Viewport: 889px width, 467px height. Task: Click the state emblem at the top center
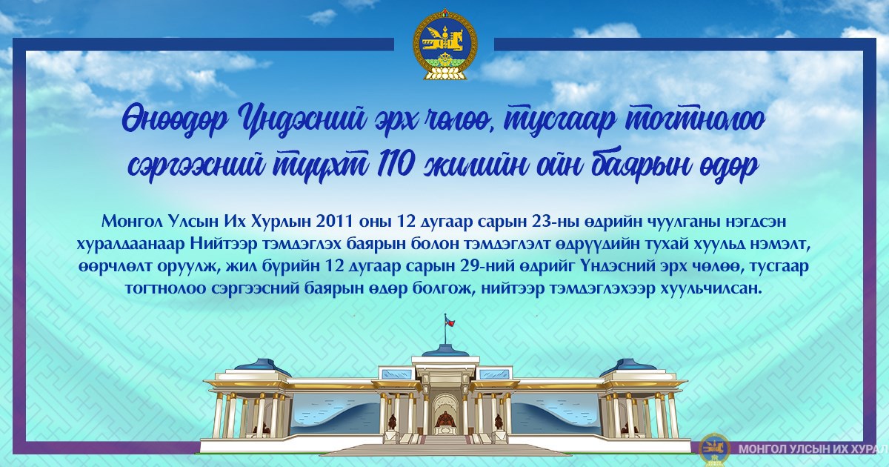[444, 44]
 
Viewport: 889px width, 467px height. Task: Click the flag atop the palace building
[449, 320]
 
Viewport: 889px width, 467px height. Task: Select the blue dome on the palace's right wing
[622, 368]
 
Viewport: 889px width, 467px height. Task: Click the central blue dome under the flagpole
[444, 350]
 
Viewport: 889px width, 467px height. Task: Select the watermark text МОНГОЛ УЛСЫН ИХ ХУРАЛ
[813, 449]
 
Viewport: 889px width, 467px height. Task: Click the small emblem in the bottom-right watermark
[714, 449]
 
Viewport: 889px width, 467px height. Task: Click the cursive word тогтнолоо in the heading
[693, 119]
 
